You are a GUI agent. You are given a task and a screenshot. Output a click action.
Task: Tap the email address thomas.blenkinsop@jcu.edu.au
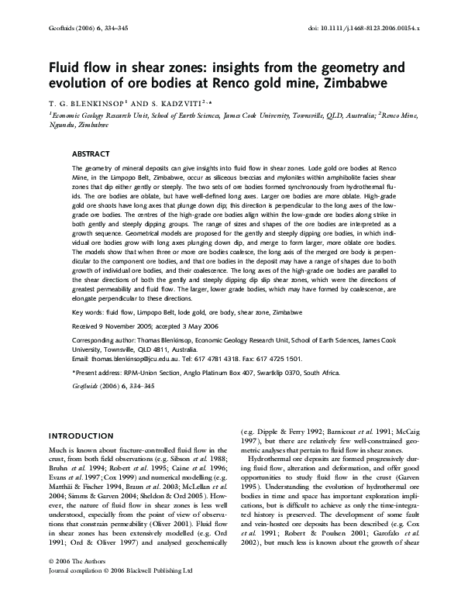click(x=126, y=359)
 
